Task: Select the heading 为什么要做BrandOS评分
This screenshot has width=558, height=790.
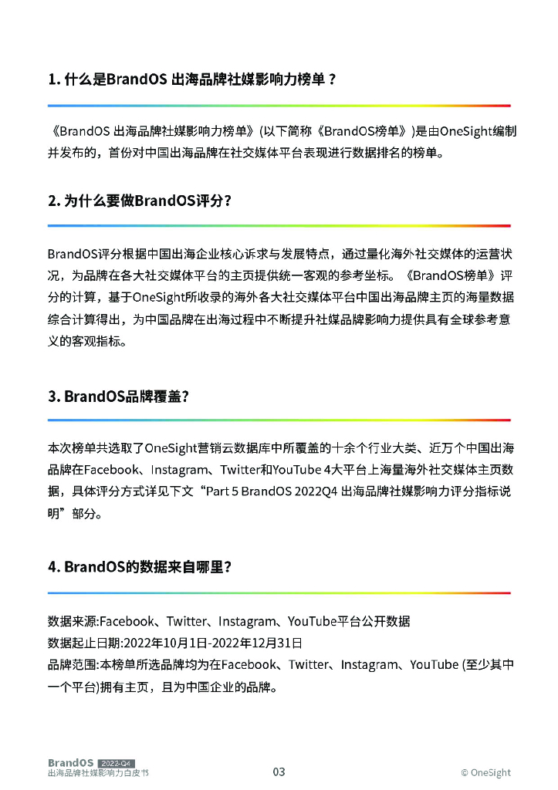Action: point(140,201)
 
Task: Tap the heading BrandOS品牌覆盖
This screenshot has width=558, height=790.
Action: point(119,396)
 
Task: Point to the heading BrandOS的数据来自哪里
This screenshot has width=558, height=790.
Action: point(140,567)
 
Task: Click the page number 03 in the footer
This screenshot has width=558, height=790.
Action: point(279,771)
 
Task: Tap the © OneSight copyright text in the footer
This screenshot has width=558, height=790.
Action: point(485,772)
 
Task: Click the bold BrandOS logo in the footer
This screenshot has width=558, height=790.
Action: point(70,763)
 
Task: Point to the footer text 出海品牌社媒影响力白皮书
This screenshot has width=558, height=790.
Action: point(97,773)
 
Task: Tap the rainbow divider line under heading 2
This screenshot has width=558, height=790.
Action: point(279,225)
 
